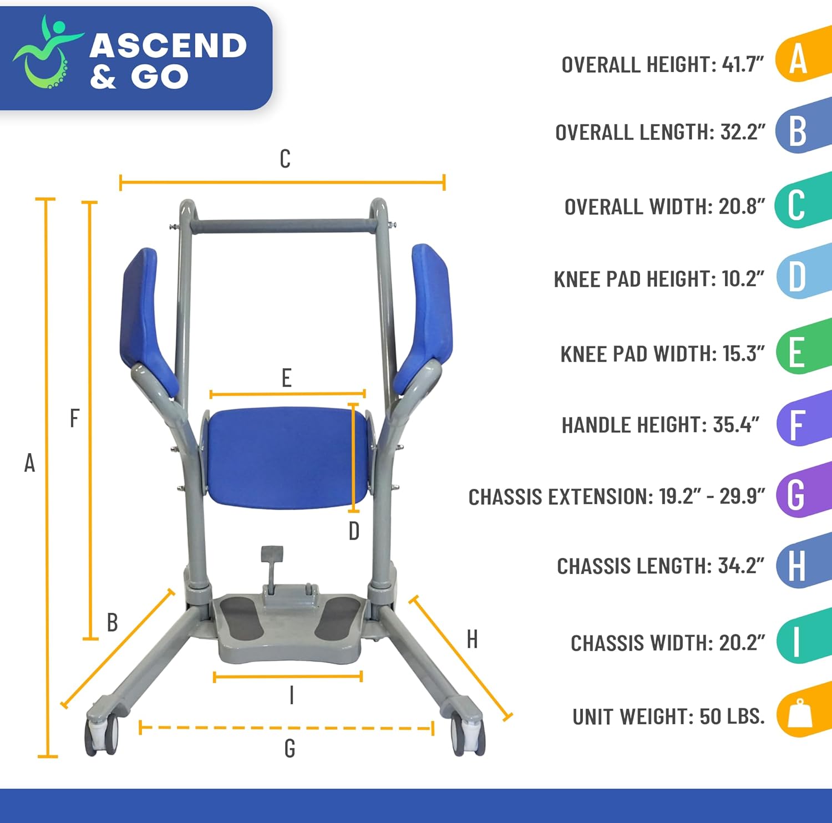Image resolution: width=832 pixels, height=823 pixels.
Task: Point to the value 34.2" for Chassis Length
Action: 740,566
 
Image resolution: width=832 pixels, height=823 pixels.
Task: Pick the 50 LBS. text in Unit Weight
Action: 732,717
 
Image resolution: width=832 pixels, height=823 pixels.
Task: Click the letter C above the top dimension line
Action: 285,159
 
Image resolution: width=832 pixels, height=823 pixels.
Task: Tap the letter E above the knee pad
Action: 286,378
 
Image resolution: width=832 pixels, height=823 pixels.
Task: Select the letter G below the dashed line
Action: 290,749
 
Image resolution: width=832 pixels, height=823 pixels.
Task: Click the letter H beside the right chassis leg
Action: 472,639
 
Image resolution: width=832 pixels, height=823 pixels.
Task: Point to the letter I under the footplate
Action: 292,694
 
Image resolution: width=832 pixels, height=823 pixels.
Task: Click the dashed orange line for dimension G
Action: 286,728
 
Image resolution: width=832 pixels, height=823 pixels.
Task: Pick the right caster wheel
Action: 466,735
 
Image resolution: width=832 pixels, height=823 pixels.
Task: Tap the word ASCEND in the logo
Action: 168,45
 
